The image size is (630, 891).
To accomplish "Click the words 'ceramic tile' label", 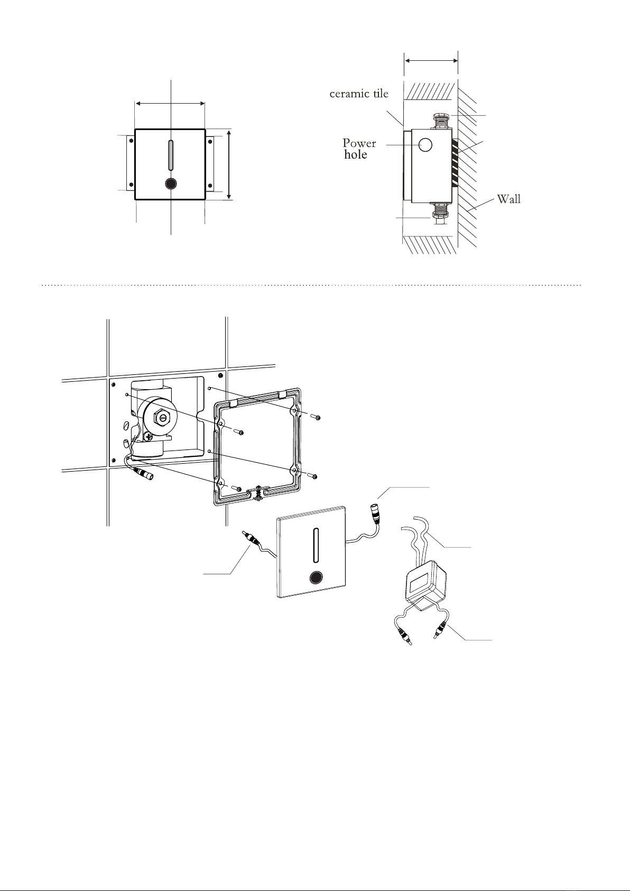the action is (x=359, y=94).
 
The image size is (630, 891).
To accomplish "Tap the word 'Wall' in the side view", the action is (x=509, y=199).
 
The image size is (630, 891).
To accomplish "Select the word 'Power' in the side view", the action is (x=359, y=143).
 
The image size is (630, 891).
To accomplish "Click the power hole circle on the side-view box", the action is (x=425, y=145).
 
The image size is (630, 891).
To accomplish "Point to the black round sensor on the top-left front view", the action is (x=171, y=183).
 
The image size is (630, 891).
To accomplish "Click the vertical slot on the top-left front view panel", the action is (x=171, y=155).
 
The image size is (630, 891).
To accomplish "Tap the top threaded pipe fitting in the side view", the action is (x=442, y=121).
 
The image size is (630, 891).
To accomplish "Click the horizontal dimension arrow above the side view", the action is (x=431, y=60).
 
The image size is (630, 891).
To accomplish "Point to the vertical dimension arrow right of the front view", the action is (x=229, y=164).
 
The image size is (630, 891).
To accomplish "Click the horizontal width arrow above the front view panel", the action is (x=170, y=104).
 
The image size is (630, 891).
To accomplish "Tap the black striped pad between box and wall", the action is (x=455, y=163).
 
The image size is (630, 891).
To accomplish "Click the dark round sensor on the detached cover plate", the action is (x=316, y=577).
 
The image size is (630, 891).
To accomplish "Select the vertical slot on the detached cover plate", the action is (x=316, y=545).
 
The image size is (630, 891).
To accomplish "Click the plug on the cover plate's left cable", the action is (x=251, y=538).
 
